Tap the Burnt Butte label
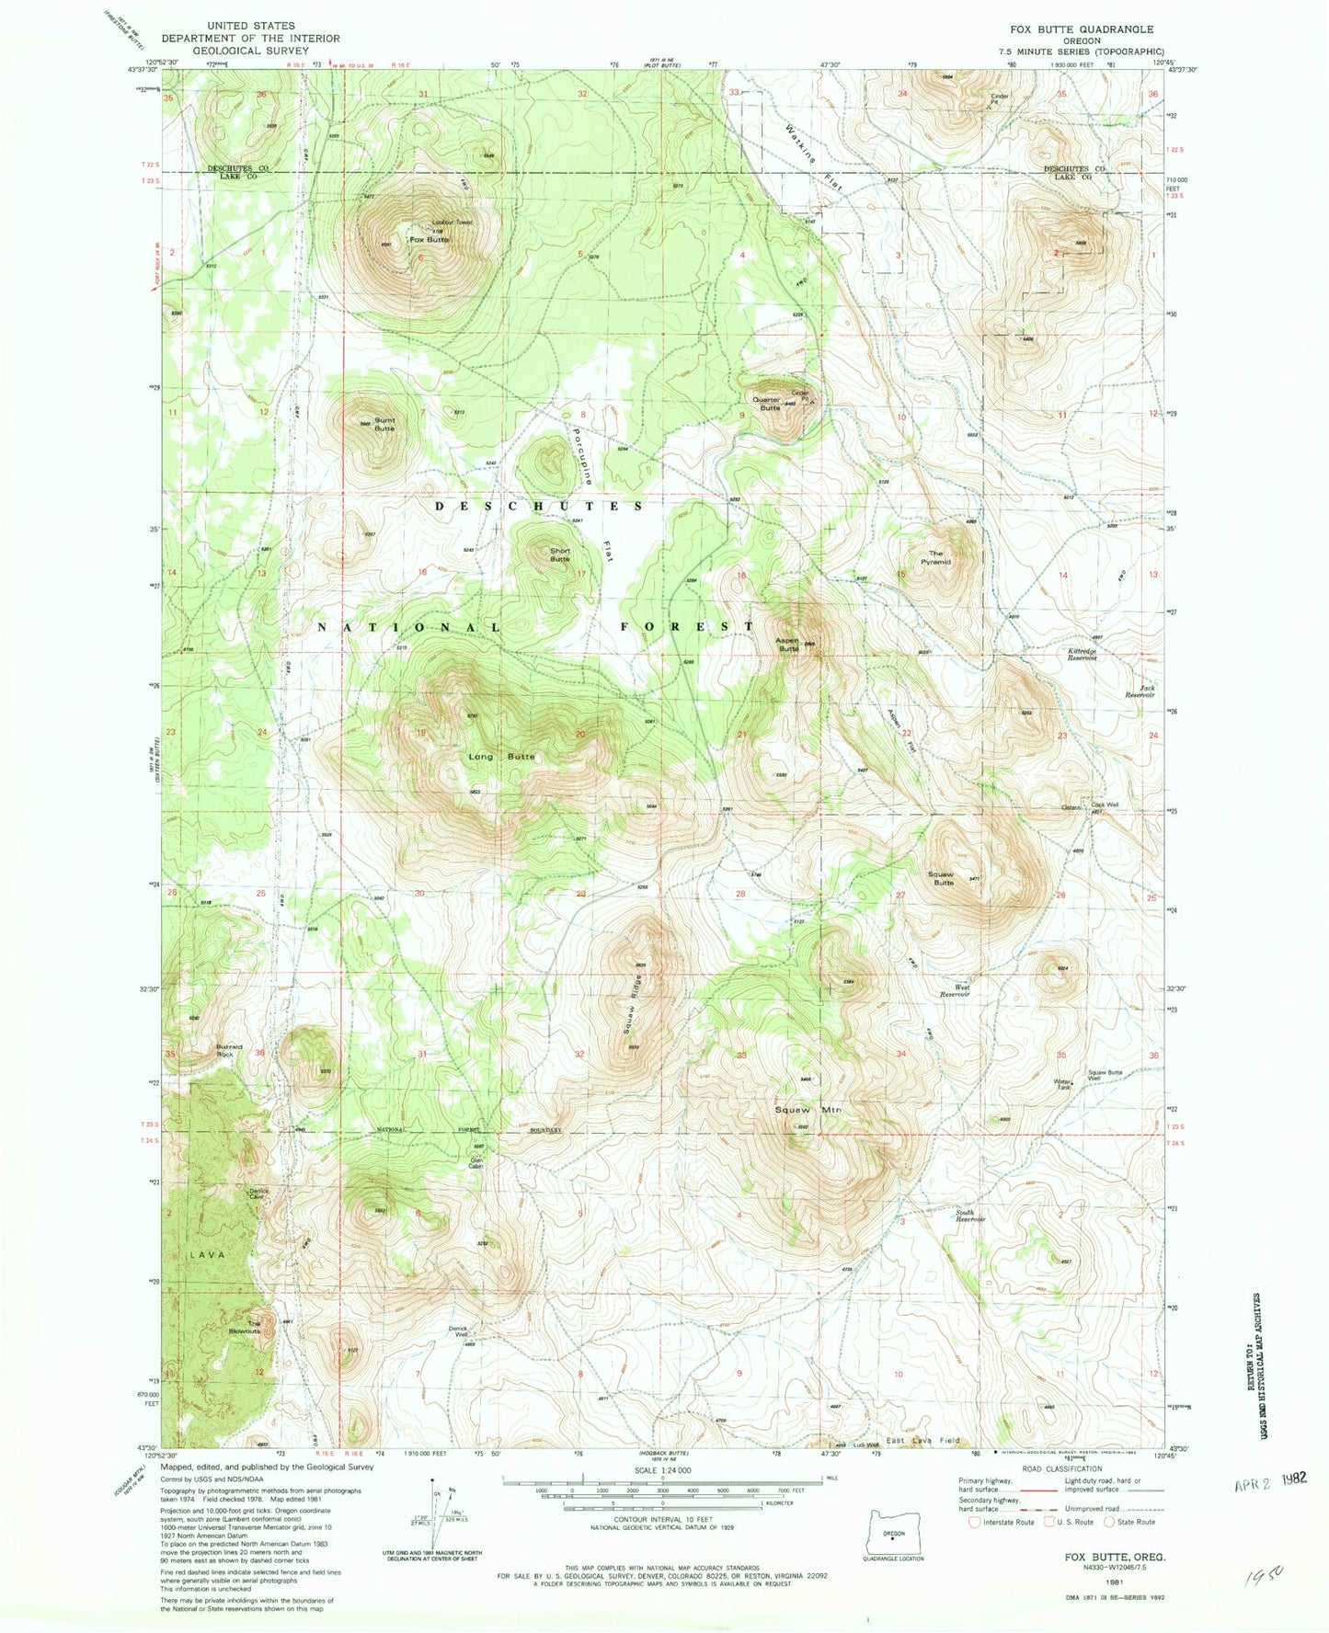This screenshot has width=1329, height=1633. pos(384,426)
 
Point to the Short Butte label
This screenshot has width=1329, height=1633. pos(560,554)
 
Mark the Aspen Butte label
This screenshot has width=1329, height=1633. pos(787,644)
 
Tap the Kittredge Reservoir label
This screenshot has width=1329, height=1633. pos(1083,655)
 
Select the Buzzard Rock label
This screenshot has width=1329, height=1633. pos(229,1050)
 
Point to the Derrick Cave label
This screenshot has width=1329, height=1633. pos(258,1193)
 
